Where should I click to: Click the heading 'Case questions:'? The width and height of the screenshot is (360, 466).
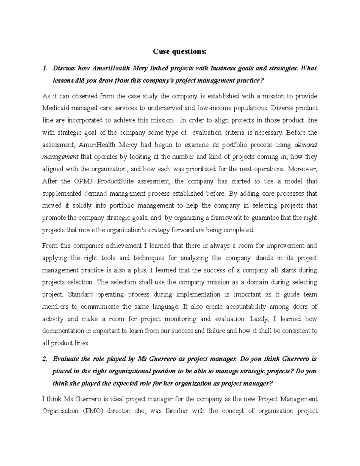pyautogui.click(x=180, y=52)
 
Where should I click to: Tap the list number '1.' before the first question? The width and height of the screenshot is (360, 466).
pyautogui.click(x=45, y=68)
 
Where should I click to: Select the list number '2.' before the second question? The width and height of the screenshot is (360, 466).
pyautogui.click(x=45, y=359)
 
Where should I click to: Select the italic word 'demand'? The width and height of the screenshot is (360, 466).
pyautogui.click(x=306, y=145)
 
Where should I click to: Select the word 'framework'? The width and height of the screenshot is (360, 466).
pyautogui.click(x=216, y=218)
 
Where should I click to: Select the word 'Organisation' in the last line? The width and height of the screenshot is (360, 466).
pyautogui.click(x=60, y=411)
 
